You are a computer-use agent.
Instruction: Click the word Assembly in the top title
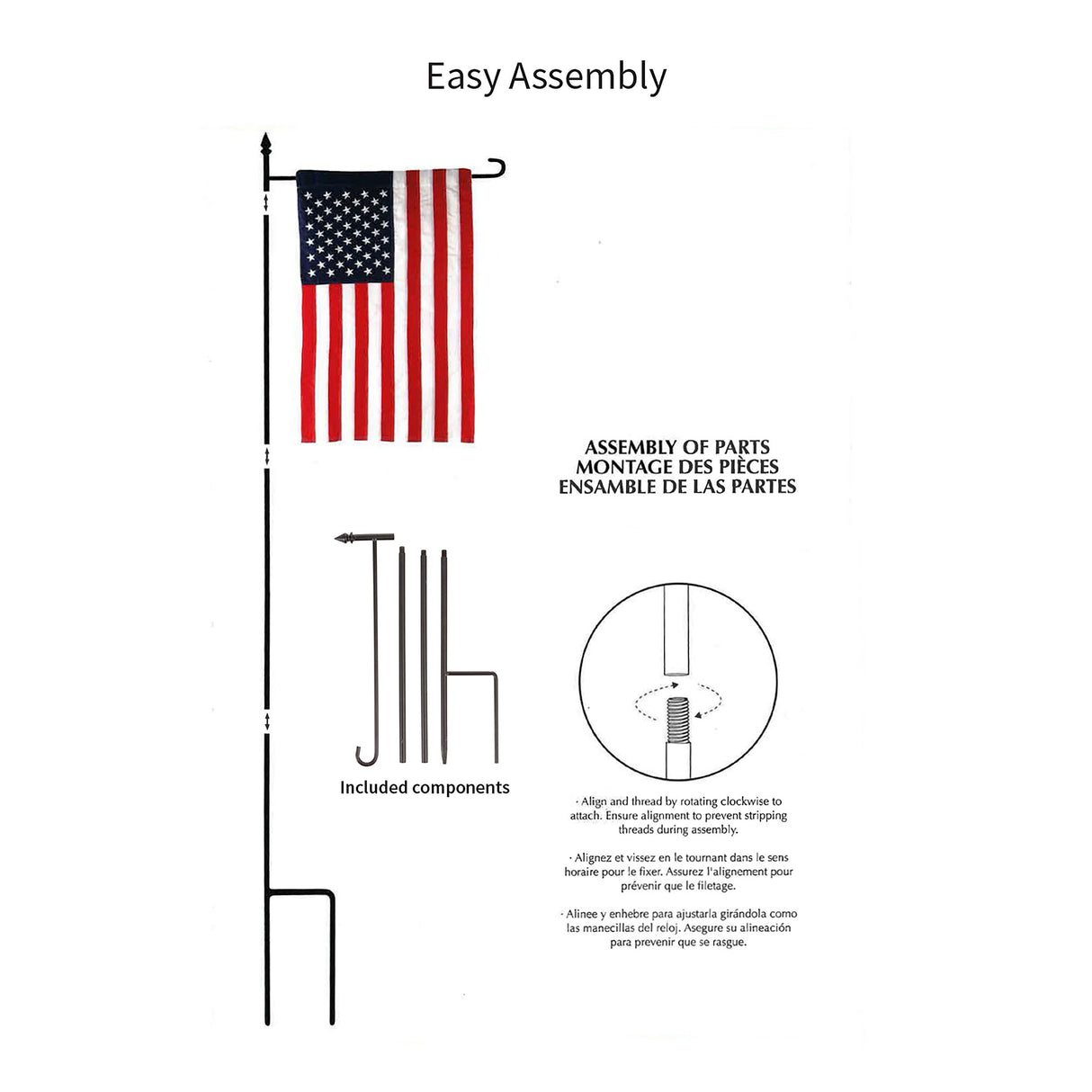587,77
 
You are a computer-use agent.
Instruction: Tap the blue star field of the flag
344,229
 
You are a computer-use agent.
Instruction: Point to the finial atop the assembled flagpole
265,147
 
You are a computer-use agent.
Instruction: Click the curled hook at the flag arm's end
496,168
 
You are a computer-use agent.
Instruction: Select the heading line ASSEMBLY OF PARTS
676,447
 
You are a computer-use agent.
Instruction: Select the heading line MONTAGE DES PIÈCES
676,467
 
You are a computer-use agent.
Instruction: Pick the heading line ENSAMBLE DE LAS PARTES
676,487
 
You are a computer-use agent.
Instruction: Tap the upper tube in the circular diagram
676,630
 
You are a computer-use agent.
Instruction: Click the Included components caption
425,788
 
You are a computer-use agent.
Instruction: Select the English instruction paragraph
678,815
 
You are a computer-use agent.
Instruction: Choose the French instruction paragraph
678,872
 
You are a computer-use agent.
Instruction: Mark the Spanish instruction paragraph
678,927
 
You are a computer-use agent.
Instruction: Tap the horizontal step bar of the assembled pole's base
300,893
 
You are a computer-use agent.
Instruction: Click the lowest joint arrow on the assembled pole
267,721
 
